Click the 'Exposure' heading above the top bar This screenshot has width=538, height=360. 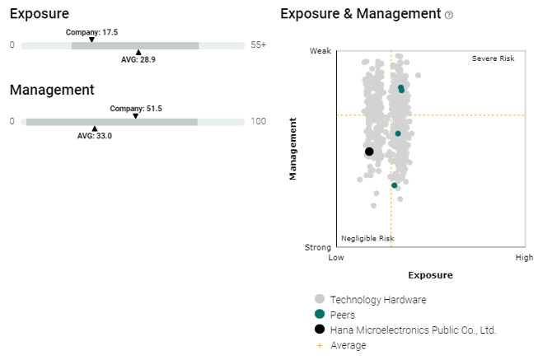pos(40,14)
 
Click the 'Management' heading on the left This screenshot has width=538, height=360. pos(52,90)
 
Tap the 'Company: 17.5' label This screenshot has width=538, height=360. pos(92,32)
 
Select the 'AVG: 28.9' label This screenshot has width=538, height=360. pos(138,60)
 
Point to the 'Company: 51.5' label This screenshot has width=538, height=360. pos(136,108)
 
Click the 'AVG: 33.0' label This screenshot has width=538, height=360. pos(95,136)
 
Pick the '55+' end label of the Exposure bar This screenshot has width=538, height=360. pos(259,45)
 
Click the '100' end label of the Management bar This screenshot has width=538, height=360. pos(259,121)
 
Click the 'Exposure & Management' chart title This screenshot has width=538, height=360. pos(361,14)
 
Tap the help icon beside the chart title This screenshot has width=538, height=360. pos(449,15)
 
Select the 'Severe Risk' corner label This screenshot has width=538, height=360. pos(493,58)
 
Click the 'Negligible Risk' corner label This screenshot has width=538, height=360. pos(367,238)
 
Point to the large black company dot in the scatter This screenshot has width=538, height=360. pos(369,152)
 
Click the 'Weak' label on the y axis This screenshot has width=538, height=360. pos(320,51)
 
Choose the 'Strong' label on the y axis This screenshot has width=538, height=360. pos(318,246)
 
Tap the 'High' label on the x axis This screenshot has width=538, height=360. pos(524,257)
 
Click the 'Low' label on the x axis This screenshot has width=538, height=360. pos(336,257)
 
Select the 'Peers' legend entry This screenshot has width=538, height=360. pos(344,314)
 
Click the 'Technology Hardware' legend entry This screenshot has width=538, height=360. pos(378,299)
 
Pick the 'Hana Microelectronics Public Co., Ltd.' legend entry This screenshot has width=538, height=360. pos(413,330)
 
